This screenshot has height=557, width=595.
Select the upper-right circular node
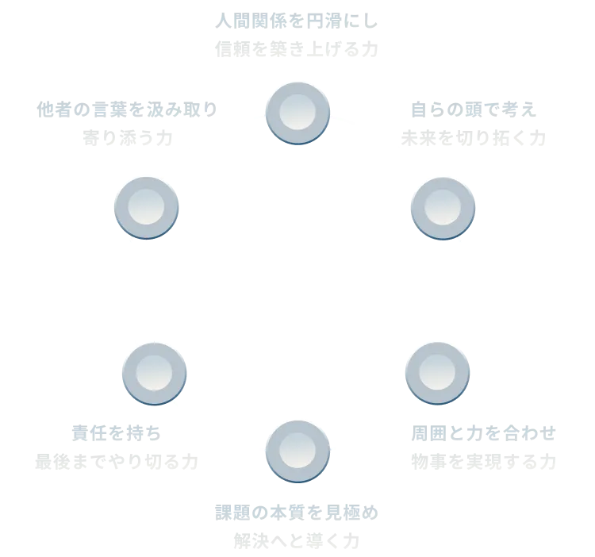[x=443, y=208]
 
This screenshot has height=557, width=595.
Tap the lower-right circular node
[x=437, y=372]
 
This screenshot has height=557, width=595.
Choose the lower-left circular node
[x=155, y=372]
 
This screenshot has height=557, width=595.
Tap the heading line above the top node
[x=297, y=19]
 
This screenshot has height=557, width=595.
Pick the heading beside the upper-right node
[x=474, y=107]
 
